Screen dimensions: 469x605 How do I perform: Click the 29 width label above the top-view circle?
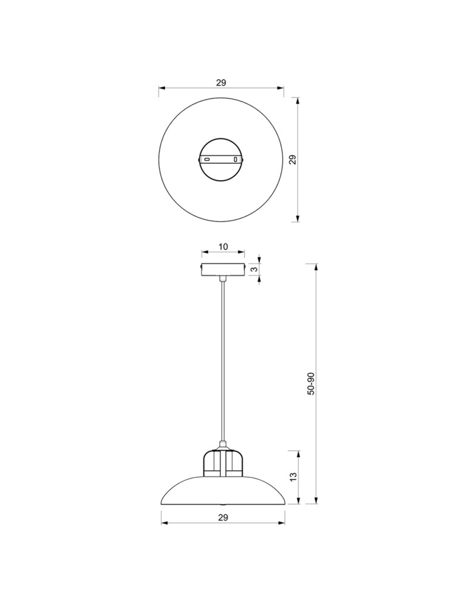[x=221, y=82]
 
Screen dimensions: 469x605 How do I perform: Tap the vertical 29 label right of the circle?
[x=293, y=160]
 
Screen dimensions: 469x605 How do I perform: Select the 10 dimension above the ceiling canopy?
[x=224, y=247]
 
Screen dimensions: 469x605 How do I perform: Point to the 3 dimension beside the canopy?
[x=254, y=269]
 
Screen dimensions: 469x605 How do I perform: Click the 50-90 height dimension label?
[x=311, y=384]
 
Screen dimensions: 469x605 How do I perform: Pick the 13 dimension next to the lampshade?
[x=294, y=476]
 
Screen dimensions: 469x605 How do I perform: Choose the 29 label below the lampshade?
[x=223, y=517]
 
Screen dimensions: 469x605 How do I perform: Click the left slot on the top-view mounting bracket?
[x=207, y=159]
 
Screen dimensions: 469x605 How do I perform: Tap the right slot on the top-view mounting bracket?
[x=235, y=159]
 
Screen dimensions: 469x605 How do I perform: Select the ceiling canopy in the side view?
[x=223, y=269]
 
